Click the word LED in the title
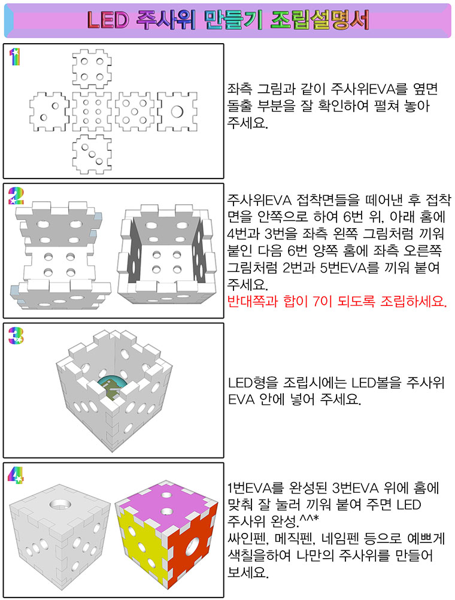pos(108,20)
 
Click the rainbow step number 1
pos(14,57)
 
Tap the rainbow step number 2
pos(16,196)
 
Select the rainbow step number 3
pos(16,335)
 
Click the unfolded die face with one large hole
pos(177,111)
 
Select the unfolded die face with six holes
pos(92,111)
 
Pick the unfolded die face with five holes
pos(134,111)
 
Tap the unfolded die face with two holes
pos(49,111)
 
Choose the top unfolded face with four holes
pos(92,69)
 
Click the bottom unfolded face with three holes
pos(92,154)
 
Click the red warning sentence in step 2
pos(336,302)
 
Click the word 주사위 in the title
pos(165,20)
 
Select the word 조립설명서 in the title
pos(320,20)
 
